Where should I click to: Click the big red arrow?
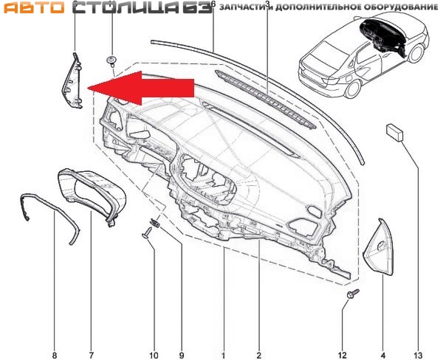coord(141,88)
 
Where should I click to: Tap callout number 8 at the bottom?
coord(54,354)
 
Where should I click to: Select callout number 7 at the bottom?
coord(92,354)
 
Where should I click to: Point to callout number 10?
coord(154,354)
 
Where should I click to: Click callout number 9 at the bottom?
coord(182,354)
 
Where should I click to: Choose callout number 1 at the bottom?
coord(223,354)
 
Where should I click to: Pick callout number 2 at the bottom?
coord(259,354)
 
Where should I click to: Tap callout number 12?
coord(342,354)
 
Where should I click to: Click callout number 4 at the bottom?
coord(383,354)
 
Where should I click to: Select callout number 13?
coord(418,354)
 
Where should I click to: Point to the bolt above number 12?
coord(353,293)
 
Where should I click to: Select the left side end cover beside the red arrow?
coord(72,80)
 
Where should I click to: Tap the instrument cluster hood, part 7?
coord(92,195)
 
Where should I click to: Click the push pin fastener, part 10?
coord(148,233)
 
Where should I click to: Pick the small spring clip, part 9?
coord(154,223)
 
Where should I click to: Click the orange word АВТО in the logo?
coord(34,7)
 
